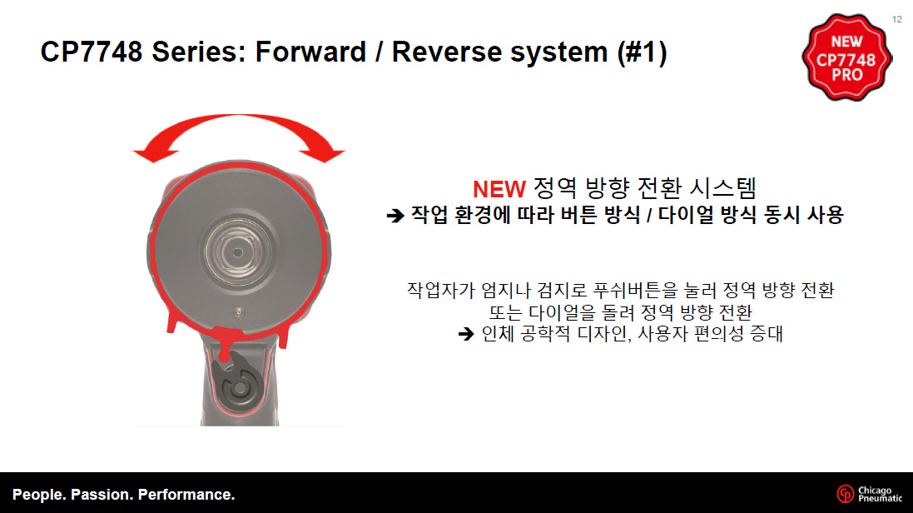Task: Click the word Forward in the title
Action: coord(310,52)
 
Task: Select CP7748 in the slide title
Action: coord(92,52)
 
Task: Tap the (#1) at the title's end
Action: coord(642,52)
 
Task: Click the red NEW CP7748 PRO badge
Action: coord(846,57)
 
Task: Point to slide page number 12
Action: coord(897,19)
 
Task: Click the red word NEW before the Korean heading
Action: coord(499,189)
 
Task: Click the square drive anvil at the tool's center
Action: coord(237,252)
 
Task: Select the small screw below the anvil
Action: coord(239,312)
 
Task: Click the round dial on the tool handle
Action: coord(240,388)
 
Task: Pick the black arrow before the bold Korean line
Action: coord(395,216)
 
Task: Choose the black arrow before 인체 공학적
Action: coord(466,334)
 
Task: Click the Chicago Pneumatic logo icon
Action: coord(846,494)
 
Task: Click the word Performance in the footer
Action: coord(186,495)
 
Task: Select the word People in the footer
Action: coord(37,495)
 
